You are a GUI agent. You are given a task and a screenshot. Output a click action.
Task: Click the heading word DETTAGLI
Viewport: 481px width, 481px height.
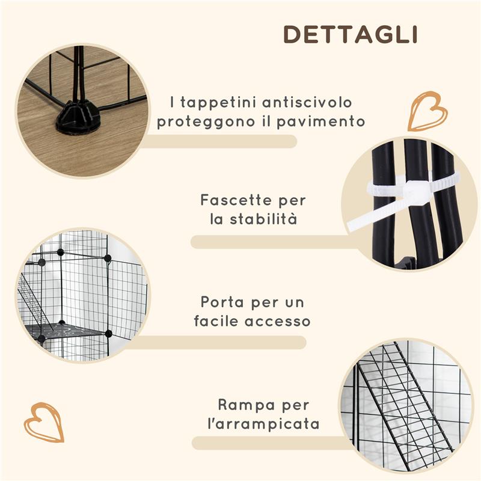[351, 34]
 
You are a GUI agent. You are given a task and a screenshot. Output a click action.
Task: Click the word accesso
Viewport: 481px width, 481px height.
[277, 321]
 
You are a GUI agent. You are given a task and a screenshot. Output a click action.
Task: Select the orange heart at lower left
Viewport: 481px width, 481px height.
[44, 422]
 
